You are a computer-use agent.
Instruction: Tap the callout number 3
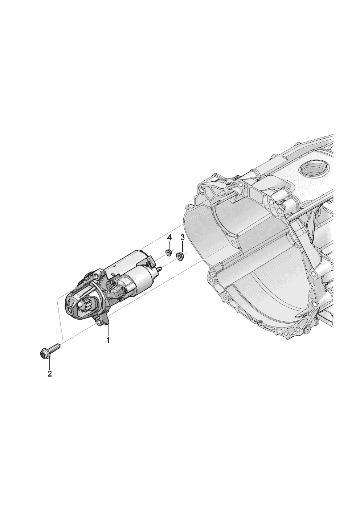coord(182,238)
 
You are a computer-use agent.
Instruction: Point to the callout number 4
coord(169,238)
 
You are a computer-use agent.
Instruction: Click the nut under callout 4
coord(168,253)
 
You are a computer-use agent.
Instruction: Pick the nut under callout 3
coord(180,256)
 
